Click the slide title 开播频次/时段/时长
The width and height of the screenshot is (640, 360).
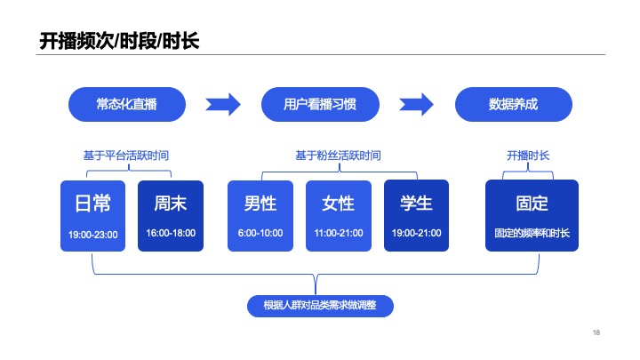119,41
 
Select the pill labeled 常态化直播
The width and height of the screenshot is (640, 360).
126,104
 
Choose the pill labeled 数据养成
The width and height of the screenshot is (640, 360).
514,104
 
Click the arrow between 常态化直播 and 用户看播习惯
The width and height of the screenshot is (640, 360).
223,104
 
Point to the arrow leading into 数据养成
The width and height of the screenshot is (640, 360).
417,104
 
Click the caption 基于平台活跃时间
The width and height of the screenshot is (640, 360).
126,156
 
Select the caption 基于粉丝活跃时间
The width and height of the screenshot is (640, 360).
338,156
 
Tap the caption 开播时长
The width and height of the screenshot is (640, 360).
528,156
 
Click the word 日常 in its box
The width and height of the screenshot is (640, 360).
92,204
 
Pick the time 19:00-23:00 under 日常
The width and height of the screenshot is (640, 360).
92,235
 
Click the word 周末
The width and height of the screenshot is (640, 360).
171,204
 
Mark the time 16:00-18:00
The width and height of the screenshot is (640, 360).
171,233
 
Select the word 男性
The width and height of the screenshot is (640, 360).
260,204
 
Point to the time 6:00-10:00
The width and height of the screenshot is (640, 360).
260,233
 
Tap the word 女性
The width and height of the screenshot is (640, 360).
338,204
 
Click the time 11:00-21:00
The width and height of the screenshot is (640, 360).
338,233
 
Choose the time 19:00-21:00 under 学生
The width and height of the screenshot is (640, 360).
416,233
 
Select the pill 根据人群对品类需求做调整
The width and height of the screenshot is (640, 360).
320,306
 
